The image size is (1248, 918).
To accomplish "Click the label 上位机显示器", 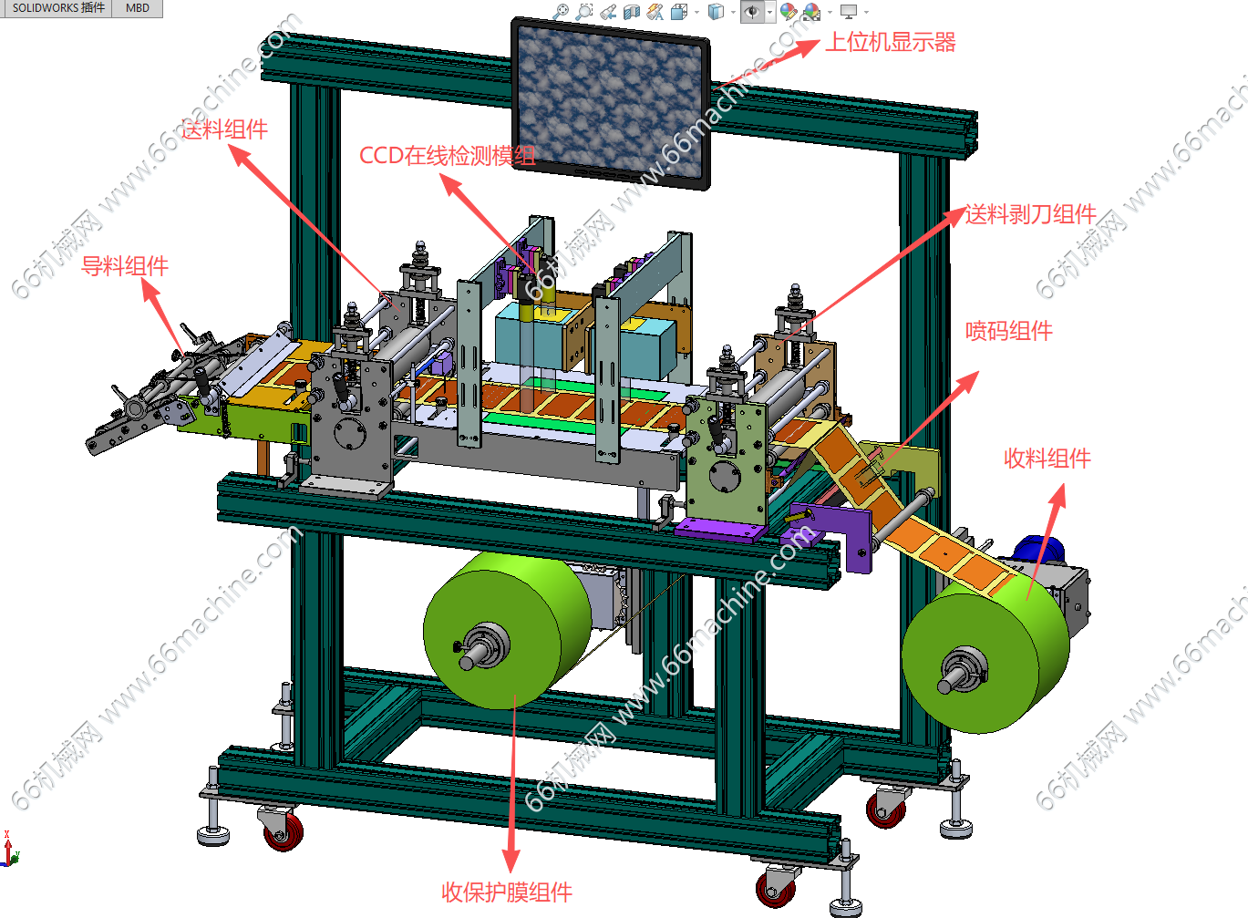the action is (x=890, y=42).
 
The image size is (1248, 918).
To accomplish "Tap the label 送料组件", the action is (x=224, y=129).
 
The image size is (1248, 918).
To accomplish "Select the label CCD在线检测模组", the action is (x=447, y=155).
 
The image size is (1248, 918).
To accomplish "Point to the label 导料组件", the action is (x=125, y=265).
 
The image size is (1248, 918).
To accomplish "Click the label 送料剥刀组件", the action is (x=1031, y=214).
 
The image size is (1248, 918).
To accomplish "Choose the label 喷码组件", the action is (x=1009, y=331).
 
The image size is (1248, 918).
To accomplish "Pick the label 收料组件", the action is (x=1047, y=459).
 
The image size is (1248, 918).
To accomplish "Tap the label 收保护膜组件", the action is (x=507, y=892).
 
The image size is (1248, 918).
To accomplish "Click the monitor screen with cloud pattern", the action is (x=610, y=103).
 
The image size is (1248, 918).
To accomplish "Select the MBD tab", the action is (x=138, y=8).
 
